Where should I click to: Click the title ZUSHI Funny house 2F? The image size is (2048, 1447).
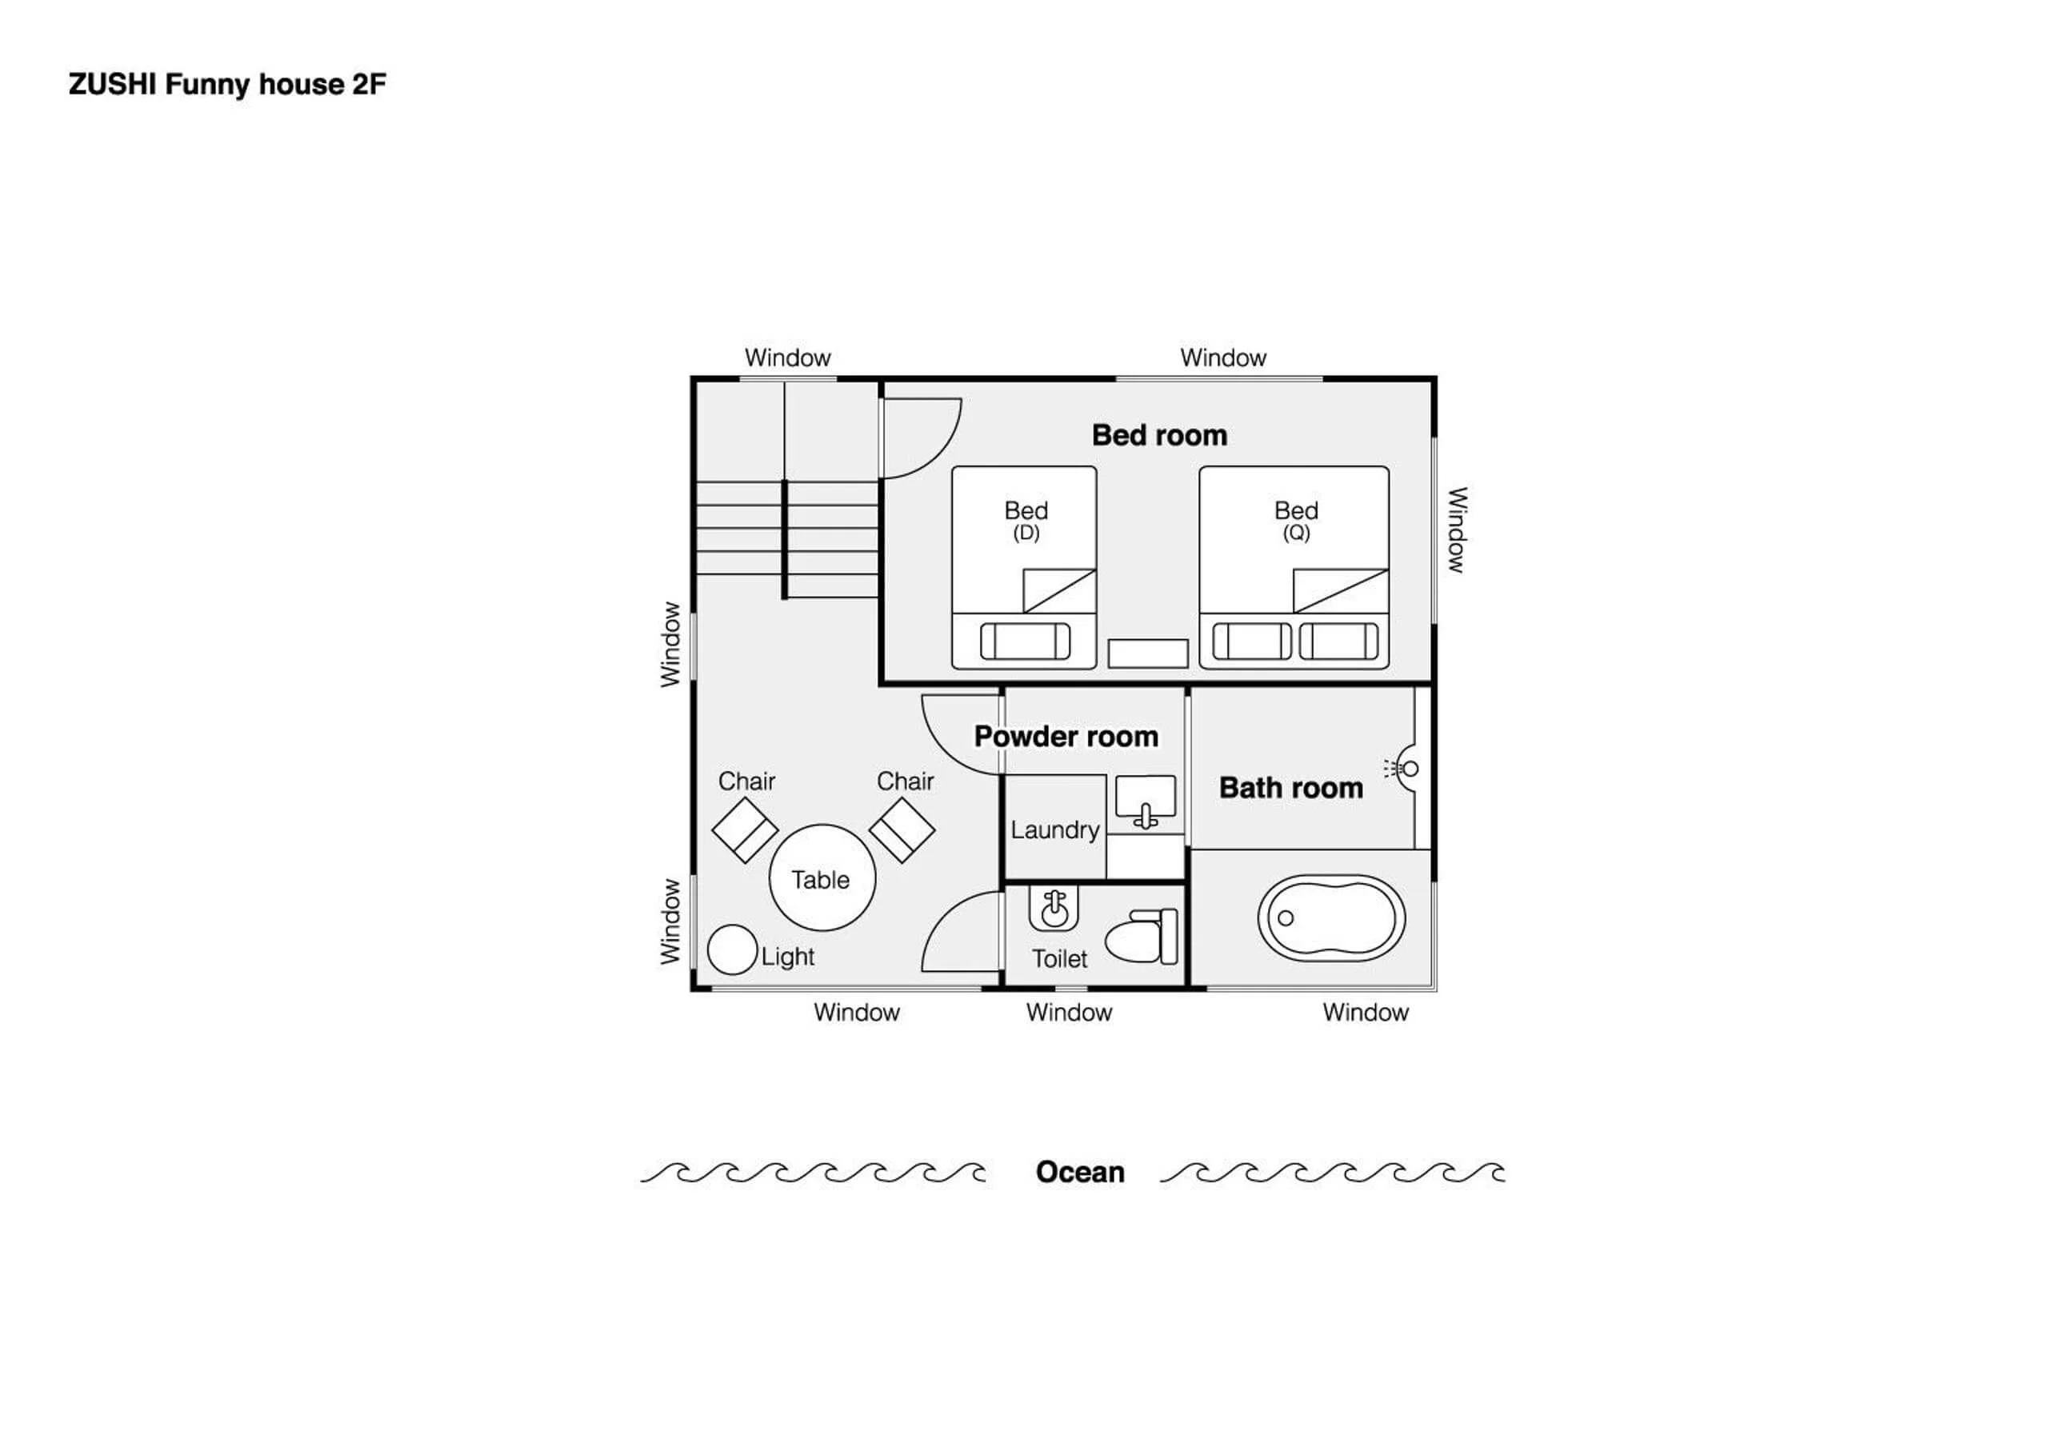coord(227,84)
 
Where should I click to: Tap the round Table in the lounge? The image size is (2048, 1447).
coord(822,877)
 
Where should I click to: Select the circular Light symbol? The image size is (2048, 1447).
coord(732,949)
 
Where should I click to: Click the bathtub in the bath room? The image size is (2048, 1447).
coord(1331,918)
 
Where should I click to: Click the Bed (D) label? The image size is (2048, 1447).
coord(1026,521)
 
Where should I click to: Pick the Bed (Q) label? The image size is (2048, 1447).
coord(1296,521)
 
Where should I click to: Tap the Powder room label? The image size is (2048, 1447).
coord(1066,737)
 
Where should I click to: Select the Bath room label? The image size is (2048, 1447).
coord(1290,788)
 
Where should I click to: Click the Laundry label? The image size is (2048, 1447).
coord(1054,830)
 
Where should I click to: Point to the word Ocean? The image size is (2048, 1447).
coord(1079,1171)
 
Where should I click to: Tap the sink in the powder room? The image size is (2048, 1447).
coord(1146,801)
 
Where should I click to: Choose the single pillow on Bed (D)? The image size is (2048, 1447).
coord(1025,641)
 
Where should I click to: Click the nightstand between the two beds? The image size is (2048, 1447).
coord(1148,653)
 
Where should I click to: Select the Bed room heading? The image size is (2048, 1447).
coord(1159,435)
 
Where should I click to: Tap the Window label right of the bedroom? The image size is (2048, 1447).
coord(1456,530)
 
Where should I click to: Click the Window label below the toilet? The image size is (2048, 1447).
coord(1069,1013)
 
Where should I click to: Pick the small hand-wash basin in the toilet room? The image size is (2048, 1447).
coord(1054,908)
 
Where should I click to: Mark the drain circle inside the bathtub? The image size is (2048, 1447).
coord(1286,917)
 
